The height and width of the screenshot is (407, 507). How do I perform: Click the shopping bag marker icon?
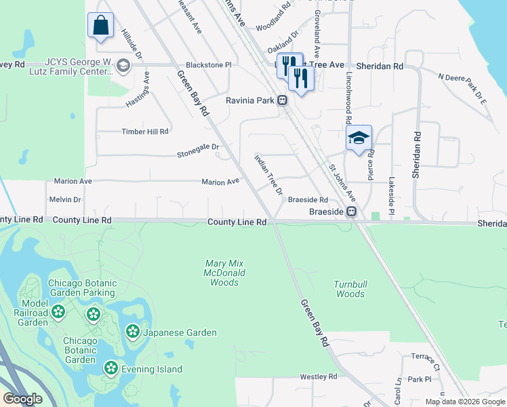[100, 26]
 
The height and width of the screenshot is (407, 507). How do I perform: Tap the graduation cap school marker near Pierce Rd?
[358, 138]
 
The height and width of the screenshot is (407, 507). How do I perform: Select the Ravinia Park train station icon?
[282, 100]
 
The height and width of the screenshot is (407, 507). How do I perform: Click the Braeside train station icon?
[352, 212]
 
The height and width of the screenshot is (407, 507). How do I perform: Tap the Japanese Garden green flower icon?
[133, 332]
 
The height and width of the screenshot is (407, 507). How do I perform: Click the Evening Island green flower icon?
[110, 368]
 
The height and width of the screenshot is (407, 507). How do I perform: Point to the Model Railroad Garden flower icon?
[58, 312]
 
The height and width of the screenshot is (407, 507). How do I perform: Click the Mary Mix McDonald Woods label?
[225, 273]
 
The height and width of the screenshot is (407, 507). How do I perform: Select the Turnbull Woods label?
[349, 289]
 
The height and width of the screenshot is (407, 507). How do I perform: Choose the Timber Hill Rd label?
[144, 132]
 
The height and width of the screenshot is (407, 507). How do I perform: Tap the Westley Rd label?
[319, 376]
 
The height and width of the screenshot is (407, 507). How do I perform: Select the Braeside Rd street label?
[308, 200]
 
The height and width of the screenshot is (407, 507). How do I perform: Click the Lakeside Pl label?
[391, 197]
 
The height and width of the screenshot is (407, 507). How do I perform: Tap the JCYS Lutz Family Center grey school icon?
[123, 65]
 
